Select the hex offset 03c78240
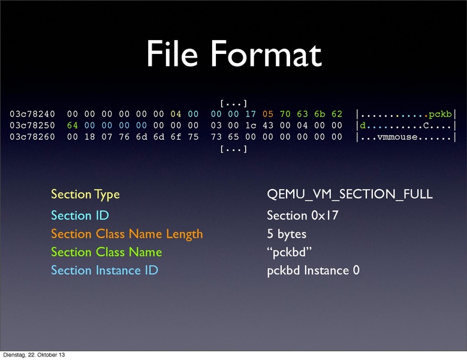point(32,114)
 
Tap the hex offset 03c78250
point(32,125)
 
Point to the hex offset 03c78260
point(32,137)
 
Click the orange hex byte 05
point(268,114)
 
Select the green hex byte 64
point(73,125)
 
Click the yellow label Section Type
point(85,194)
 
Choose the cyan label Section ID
point(80,215)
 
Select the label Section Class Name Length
point(126,233)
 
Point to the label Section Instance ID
point(104,270)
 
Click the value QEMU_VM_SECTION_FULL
point(350,194)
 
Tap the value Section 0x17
point(302,215)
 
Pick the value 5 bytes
point(287,233)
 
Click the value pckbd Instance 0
point(313,270)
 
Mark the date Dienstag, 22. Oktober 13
point(34,355)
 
